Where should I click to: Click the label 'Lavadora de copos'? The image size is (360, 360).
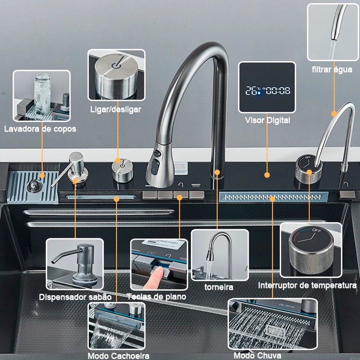(x=40, y=129)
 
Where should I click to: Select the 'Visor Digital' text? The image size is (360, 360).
(x=267, y=120)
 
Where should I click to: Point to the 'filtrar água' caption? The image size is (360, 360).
(x=332, y=69)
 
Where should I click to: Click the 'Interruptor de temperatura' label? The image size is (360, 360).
(x=307, y=285)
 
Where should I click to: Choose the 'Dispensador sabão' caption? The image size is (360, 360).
(x=75, y=297)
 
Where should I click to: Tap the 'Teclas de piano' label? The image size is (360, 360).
(x=156, y=296)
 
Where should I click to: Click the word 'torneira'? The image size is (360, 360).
(x=219, y=287)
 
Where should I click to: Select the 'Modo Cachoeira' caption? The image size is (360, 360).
(x=118, y=355)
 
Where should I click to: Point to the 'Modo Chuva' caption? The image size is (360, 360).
(x=257, y=355)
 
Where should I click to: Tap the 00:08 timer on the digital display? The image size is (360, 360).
(x=278, y=91)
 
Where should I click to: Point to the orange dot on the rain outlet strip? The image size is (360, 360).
(x=272, y=199)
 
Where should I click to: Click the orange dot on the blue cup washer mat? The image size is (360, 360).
(x=42, y=175)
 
